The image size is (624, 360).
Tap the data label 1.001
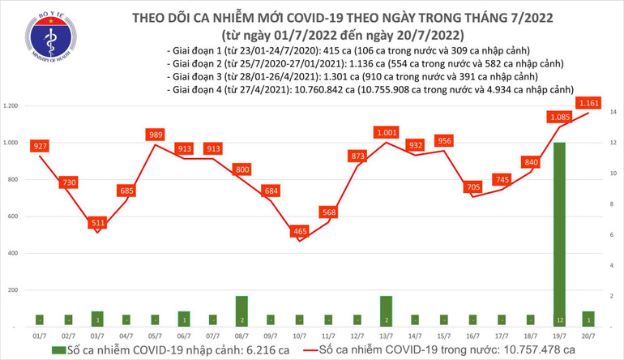click(x=386, y=131)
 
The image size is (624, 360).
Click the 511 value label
click(x=98, y=222)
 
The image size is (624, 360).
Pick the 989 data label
click(x=156, y=135)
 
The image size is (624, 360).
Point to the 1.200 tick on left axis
click(x=11, y=106)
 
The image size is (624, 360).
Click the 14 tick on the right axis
click(x=614, y=111)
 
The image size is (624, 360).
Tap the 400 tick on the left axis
click(x=12, y=254)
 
